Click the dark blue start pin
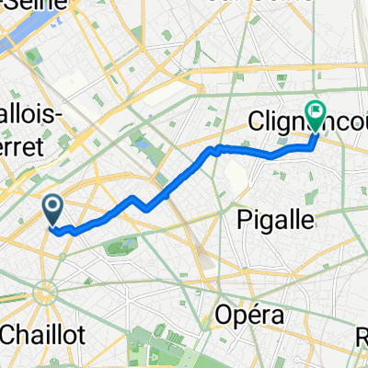(53, 211)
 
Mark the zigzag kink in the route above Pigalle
(215, 150)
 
